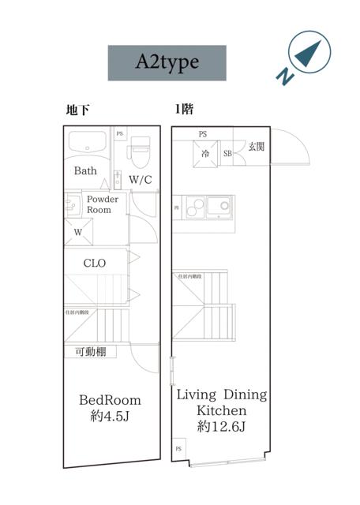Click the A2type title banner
(x=167, y=63)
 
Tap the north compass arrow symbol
(x=306, y=51)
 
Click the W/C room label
(x=141, y=180)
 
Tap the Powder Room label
(x=103, y=204)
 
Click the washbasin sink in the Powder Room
(x=72, y=204)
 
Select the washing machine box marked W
(x=79, y=232)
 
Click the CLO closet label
(x=95, y=264)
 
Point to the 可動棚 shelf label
(x=91, y=353)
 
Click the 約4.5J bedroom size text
(x=110, y=416)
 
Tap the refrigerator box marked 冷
(x=204, y=153)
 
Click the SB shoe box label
(x=227, y=154)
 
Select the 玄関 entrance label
(x=257, y=147)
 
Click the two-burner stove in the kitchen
(x=218, y=208)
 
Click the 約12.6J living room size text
(x=220, y=428)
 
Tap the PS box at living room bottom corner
(x=178, y=449)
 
